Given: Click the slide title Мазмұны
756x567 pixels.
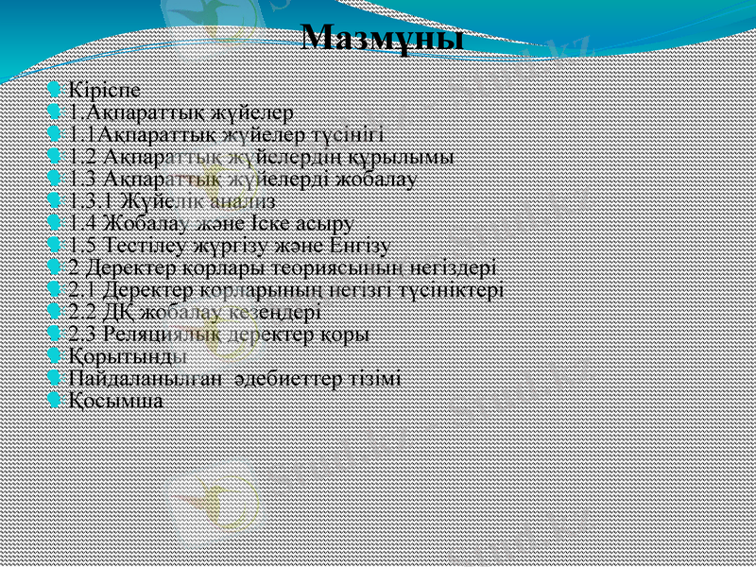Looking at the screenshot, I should (383, 39).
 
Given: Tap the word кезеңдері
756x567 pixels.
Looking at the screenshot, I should (279, 312).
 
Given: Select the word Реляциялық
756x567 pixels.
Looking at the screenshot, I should (155, 334).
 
